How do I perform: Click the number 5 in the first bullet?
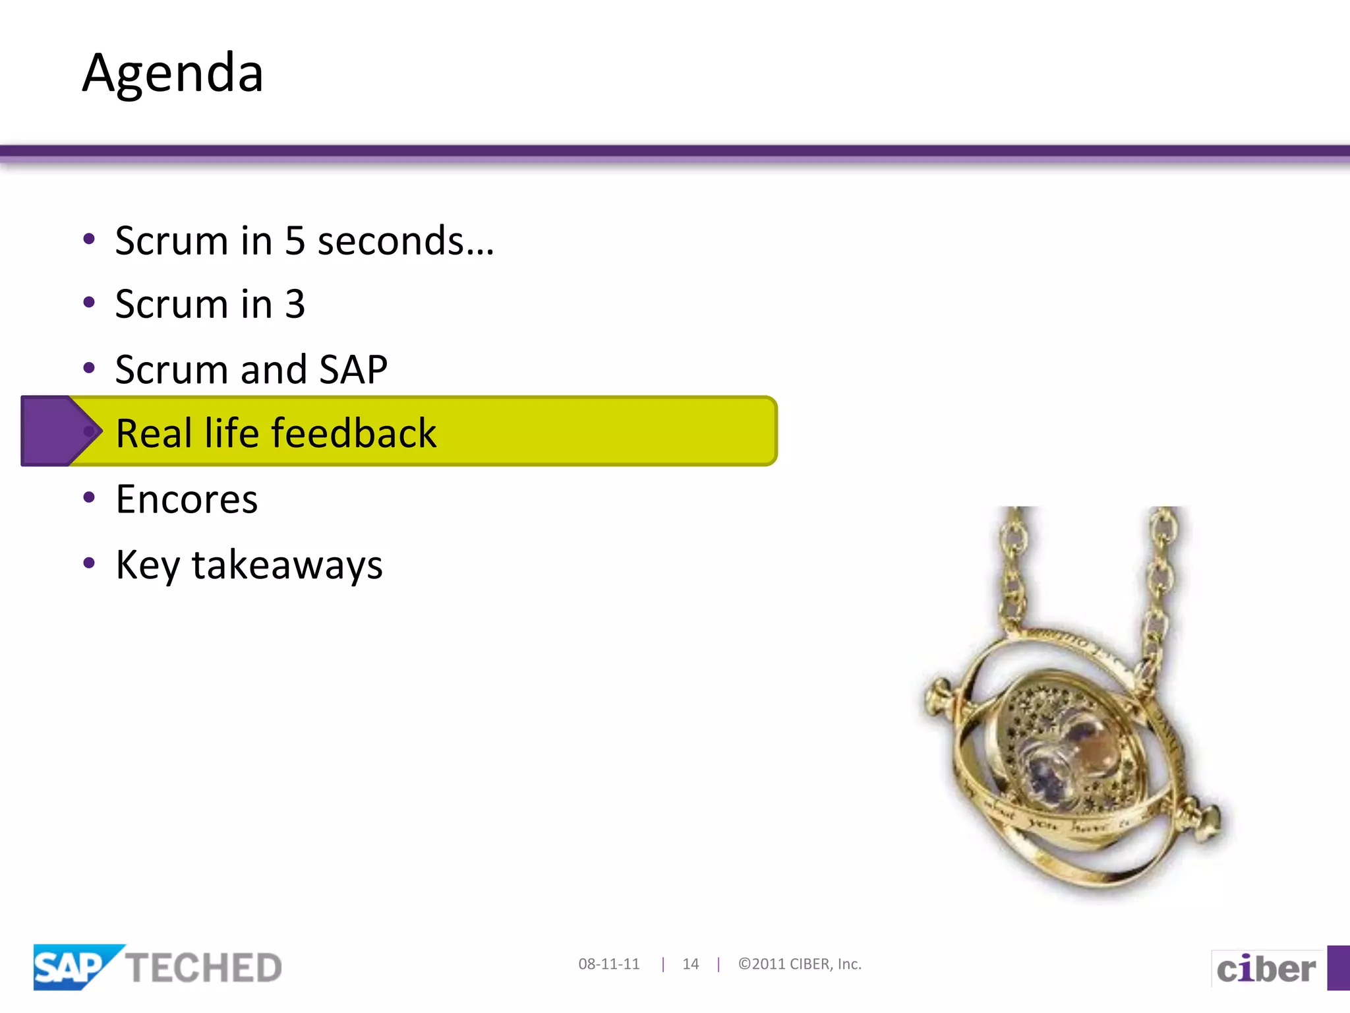click(295, 241)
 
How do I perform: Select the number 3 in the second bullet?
click(295, 305)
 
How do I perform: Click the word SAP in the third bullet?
click(353, 369)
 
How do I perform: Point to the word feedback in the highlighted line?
click(353, 434)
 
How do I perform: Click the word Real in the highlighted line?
click(154, 434)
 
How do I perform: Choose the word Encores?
click(187, 499)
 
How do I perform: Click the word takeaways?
click(287, 566)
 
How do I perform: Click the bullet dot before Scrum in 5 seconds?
click(89, 239)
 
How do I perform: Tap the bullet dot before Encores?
click(89, 497)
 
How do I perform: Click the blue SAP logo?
click(73, 967)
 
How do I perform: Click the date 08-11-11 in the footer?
click(608, 964)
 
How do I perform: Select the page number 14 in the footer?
click(690, 964)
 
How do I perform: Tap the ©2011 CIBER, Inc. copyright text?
click(800, 964)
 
